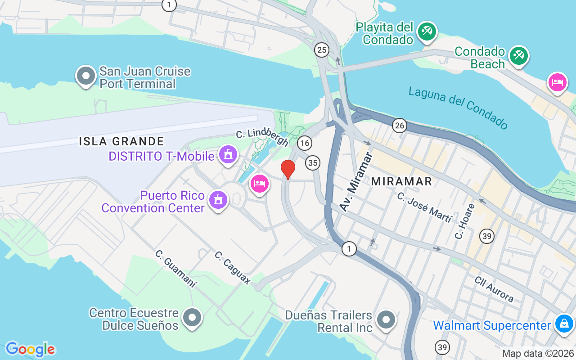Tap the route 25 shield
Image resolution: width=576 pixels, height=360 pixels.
[x=321, y=50]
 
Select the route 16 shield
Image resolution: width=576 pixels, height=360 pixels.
[x=305, y=143]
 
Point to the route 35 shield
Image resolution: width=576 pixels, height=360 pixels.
[x=312, y=162]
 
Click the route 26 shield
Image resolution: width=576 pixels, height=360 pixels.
[x=399, y=126]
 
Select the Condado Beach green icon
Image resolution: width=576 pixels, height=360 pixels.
[x=518, y=56]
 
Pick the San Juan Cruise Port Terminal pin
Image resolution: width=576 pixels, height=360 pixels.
[x=86, y=76]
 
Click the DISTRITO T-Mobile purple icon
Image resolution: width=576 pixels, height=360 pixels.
[x=228, y=155]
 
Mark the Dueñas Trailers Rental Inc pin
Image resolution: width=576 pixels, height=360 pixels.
[x=386, y=320]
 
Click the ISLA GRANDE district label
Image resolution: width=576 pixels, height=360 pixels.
[x=121, y=141]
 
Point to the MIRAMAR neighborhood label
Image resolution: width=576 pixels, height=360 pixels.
[x=401, y=181]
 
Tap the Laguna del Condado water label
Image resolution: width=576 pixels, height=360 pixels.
[x=458, y=108]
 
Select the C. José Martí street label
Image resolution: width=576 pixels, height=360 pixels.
[x=424, y=207]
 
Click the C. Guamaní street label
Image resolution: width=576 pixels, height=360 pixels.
[x=176, y=269]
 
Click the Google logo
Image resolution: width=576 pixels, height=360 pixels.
[x=30, y=349]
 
